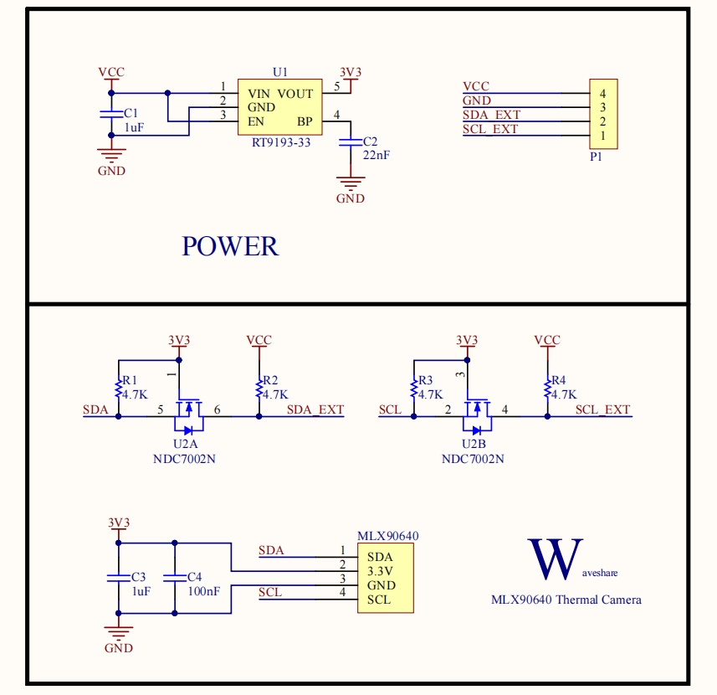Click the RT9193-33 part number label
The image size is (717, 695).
coord(281,142)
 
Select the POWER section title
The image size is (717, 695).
coord(230,246)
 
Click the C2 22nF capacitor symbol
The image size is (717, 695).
coord(351,142)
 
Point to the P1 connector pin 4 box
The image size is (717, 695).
coord(602,94)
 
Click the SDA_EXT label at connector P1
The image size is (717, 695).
coord(492,115)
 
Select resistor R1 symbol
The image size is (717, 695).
coord(118,387)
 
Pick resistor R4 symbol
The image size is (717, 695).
coord(547,387)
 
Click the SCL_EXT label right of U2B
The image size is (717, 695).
coord(602,409)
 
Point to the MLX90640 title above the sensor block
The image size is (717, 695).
coord(388,536)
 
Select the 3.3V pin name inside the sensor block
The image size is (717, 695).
coord(382,571)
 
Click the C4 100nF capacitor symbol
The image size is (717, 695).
coord(174,577)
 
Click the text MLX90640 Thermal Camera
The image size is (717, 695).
coord(566,600)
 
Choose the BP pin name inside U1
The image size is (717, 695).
coord(305,121)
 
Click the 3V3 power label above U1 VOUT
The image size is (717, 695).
coord(351,73)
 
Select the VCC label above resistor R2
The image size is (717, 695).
coord(259,340)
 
